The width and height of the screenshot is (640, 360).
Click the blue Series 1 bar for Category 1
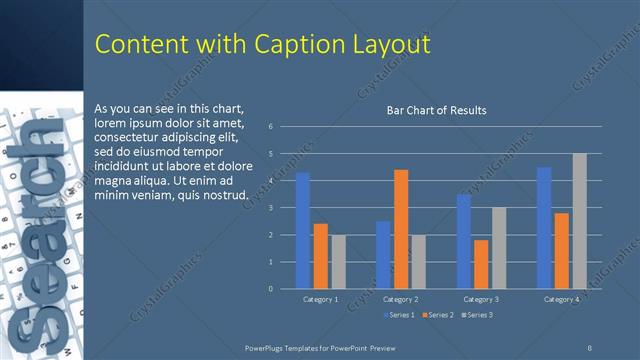pyautogui.click(x=302, y=230)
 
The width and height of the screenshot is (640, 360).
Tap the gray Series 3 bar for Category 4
pyautogui.click(x=580, y=221)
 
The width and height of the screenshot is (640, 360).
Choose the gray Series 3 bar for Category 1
pyautogui.click(x=339, y=262)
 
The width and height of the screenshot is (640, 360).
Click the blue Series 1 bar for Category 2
pyautogui.click(x=383, y=255)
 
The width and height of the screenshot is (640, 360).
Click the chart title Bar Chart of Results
pyautogui.click(x=436, y=110)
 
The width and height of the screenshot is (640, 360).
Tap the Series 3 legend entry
pyautogui.click(x=477, y=315)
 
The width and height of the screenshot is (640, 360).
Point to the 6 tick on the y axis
pyautogui.click(x=270, y=127)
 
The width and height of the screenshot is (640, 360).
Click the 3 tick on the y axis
pyautogui.click(x=270, y=208)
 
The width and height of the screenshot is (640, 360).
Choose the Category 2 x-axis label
pyautogui.click(x=401, y=299)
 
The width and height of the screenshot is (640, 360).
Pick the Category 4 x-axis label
pyautogui.click(x=561, y=299)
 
